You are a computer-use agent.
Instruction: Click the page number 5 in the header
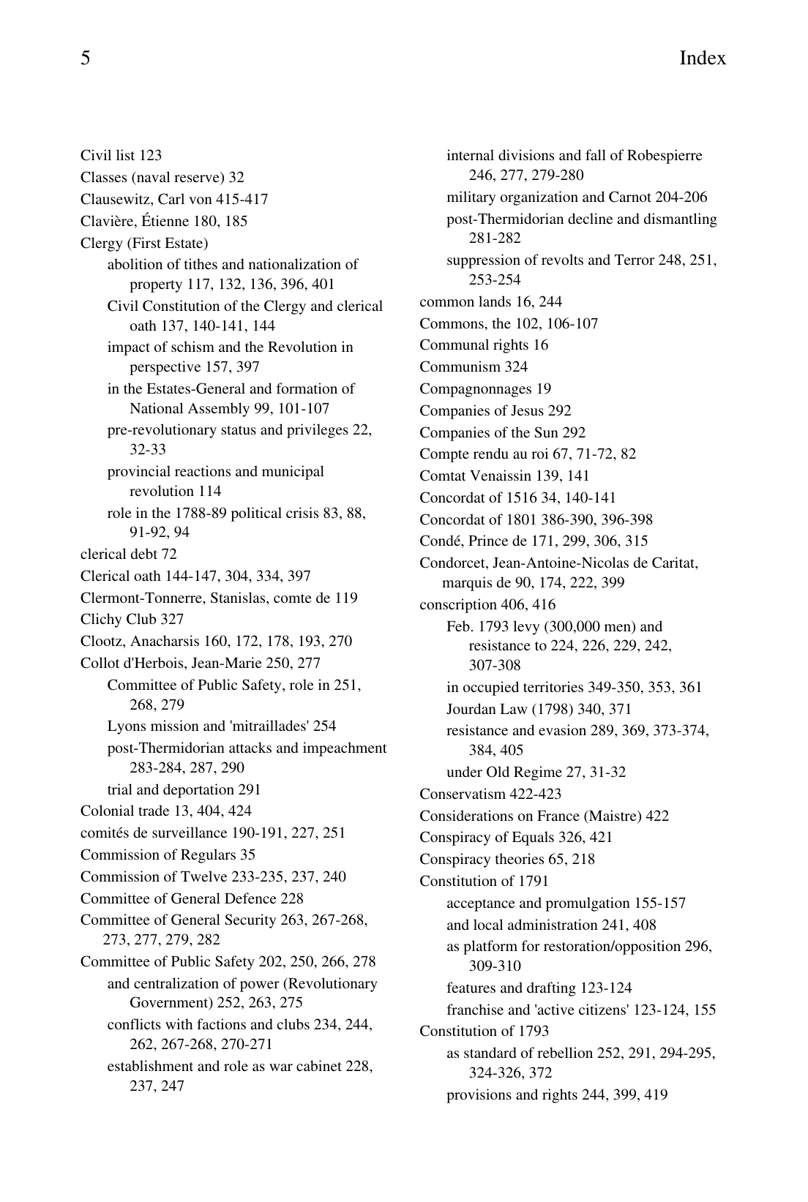tap(86, 59)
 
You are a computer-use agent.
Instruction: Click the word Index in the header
tap(702, 59)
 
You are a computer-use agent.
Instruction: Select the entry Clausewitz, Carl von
tap(174, 199)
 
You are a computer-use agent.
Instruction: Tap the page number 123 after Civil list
tap(150, 156)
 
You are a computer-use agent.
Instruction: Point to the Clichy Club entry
tap(132, 620)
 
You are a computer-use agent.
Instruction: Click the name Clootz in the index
tap(102, 642)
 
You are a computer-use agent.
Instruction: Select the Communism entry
tap(473, 367)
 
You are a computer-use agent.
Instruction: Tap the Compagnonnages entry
tap(485, 389)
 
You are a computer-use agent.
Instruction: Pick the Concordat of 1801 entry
tap(536, 520)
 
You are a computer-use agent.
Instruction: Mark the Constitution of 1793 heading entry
tap(484, 1032)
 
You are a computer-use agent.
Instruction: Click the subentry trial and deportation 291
tap(184, 790)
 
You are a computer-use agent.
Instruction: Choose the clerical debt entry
tap(128, 555)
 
